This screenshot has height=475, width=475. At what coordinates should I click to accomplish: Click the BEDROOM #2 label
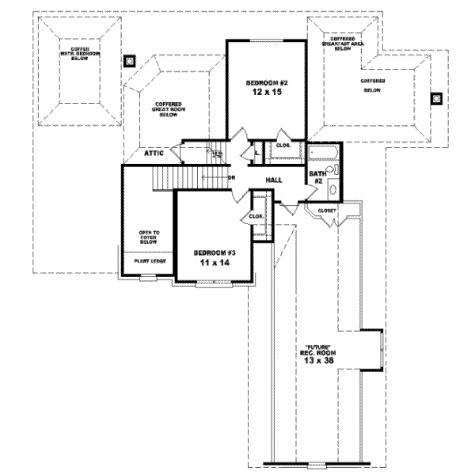[x=265, y=83]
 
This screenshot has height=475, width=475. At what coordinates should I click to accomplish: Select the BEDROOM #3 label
[x=215, y=253]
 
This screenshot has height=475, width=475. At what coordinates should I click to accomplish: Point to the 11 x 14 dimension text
[x=215, y=264]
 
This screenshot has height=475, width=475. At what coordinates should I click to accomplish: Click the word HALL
[x=275, y=180]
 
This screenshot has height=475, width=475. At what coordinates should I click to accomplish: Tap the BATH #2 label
[x=316, y=177]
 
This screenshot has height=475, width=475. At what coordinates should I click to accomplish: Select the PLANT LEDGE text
[x=148, y=260]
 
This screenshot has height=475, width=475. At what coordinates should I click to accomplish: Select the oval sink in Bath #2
[x=332, y=190]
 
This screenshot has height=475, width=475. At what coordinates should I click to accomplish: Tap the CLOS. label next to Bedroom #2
[x=283, y=145]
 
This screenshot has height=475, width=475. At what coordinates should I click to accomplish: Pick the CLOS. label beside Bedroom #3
[x=256, y=216]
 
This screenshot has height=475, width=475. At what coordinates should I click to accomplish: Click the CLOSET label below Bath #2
[x=328, y=211]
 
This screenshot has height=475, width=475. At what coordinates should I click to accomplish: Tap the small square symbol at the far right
[x=435, y=99]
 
